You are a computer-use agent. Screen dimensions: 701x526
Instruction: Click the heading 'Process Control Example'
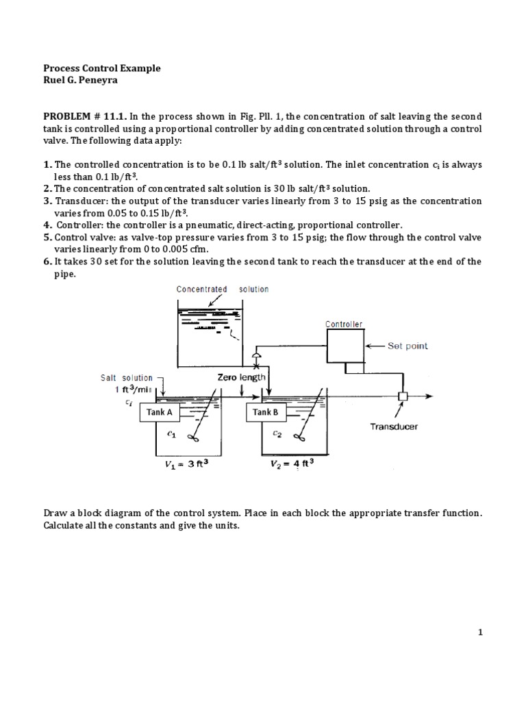102,68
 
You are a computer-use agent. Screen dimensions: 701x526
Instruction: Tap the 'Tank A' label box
158,412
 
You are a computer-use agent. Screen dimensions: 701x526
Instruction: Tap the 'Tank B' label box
264,412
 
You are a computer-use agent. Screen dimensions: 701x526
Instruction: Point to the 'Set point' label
408,346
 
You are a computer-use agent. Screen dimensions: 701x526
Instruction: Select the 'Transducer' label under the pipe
394,426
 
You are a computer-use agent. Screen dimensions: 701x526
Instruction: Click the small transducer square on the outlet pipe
402,396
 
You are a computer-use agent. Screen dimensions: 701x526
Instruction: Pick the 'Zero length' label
241,377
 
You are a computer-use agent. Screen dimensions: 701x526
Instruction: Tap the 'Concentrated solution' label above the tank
222,289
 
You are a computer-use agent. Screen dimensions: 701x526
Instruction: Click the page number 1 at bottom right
481,633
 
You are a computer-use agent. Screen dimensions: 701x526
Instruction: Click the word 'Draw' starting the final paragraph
55,513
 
